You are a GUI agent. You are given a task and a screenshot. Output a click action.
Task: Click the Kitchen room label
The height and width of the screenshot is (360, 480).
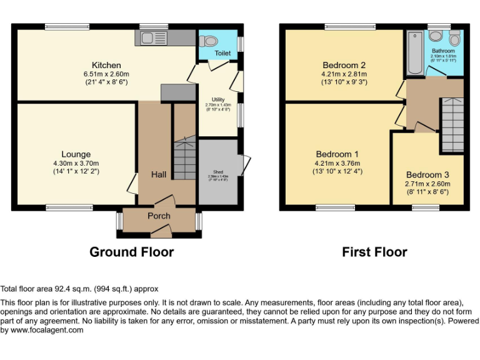click(x=106, y=65)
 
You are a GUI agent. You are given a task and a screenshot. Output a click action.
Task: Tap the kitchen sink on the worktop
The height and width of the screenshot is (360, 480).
click(x=149, y=37)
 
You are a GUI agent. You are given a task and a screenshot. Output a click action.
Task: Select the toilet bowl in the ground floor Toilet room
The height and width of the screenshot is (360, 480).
click(x=210, y=41)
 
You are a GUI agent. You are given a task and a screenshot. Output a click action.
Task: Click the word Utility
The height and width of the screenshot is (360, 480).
click(x=218, y=99)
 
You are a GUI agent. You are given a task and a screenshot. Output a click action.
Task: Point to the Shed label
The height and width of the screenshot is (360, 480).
click(x=218, y=172)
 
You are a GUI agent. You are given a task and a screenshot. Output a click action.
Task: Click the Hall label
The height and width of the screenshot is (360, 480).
click(x=158, y=174)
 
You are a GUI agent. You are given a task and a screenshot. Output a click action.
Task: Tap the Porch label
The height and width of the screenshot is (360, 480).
click(x=159, y=216)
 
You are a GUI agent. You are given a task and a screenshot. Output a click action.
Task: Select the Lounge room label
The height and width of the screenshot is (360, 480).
click(x=76, y=154)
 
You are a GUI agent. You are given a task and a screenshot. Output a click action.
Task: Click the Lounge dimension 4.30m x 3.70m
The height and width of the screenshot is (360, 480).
click(x=76, y=163)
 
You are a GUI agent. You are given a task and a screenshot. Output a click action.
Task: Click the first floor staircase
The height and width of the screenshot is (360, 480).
click(x=452, y=125)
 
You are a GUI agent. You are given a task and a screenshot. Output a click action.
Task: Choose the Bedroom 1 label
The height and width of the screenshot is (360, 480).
click(x=337, y=154)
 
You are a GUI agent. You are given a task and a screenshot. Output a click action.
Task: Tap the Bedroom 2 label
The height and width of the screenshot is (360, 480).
click(x=344, y=65)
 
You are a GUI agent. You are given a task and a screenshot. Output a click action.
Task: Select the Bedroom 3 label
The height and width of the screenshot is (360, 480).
click(x=427, y=175)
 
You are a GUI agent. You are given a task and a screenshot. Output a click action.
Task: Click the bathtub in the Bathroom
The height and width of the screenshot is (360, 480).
click(x=414, y=52)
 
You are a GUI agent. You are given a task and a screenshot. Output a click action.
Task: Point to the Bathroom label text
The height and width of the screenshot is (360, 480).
click(x=443, y=51)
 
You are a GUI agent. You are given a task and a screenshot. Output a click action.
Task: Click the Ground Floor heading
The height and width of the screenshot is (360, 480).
click(x=131, y=252)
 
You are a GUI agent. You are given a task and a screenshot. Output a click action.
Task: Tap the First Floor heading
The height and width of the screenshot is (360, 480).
click(x=374, y=252)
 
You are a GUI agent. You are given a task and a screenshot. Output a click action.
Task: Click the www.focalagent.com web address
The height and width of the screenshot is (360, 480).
click(x=42, y=330)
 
